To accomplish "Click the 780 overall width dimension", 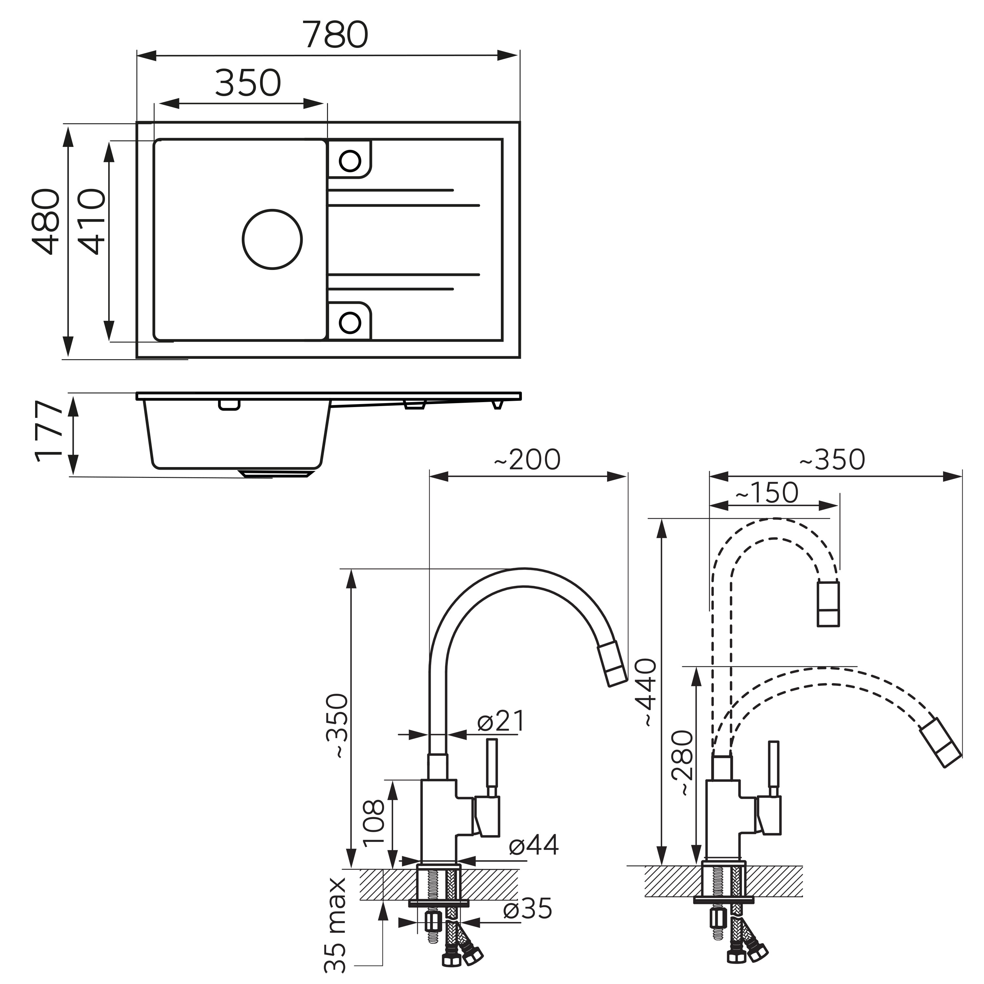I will point(335,35).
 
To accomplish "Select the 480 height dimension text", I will point(46,221).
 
